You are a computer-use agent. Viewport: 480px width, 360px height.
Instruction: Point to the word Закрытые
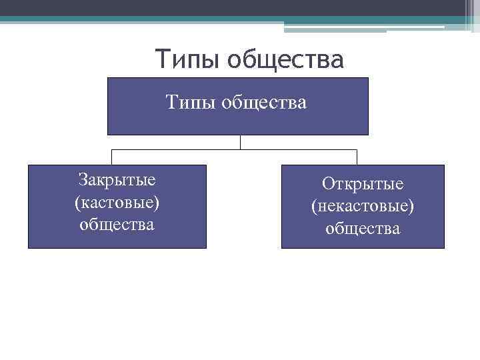(x=117, y=180)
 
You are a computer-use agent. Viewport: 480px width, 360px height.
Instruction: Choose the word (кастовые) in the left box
(x=117, y=202)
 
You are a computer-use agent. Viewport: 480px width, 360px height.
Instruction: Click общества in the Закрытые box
(x=117, y=224)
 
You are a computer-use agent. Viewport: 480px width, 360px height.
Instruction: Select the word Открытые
(x=363, y=184)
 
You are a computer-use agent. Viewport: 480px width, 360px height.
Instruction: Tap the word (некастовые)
(x=363, y=206)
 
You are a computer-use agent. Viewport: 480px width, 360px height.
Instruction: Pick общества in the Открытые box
(x=363, y=229)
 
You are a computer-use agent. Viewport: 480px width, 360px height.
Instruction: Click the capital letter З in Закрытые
(x=83, y=180)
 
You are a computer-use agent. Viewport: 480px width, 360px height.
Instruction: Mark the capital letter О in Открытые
(x=327, y=184)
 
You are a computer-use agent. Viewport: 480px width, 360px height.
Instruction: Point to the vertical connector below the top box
(x=240, y=142)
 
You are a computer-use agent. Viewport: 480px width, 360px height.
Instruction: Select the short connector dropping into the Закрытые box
(x=111, y=157)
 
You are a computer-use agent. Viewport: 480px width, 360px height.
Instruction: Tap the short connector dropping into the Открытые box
(x=357, y=157)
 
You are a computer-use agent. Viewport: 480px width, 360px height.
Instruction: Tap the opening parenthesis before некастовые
(x=314, y=207)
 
